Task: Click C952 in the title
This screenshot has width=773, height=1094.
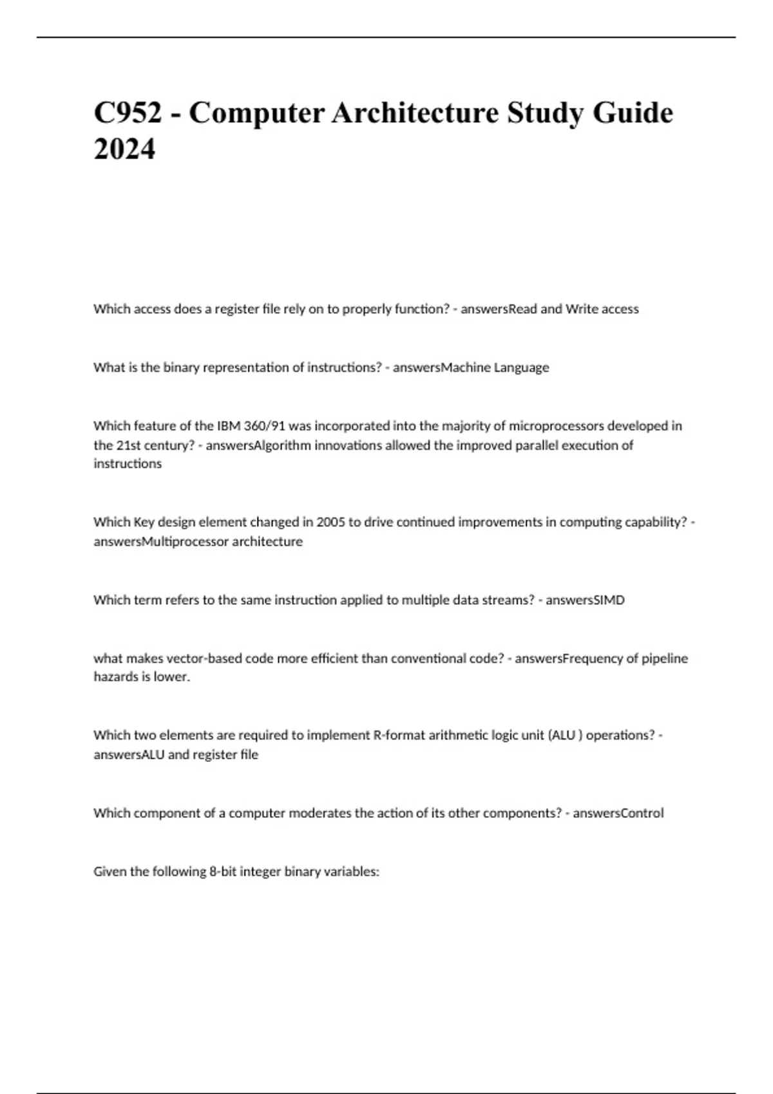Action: pyautogui.click(x=128, y=113)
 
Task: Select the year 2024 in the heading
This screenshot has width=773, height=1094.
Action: pyautogui.click(x=124, y=150)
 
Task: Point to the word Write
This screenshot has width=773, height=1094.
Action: pyautogui.click(x=582, y=309)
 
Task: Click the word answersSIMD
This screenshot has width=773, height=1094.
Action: pyautogui.click(x=585, y=600)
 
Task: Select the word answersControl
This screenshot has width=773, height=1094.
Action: pyautogui.click(x=618, y=813)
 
